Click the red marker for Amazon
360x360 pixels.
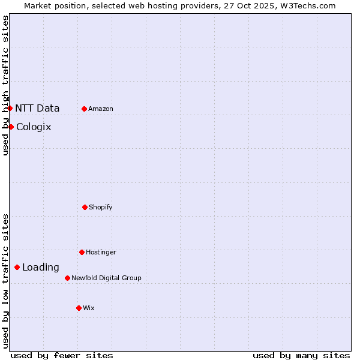[x=84, y=109]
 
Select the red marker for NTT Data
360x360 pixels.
[x=10, y=108]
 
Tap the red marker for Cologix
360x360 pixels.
[x=11, y=127]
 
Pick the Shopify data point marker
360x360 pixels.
[x=85, y=207]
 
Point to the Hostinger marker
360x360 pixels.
[x=82, y=252]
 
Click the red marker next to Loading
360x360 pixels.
[x=17, y=267]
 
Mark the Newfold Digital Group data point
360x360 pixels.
[x=67, y=278]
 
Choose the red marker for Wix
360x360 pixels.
[x=79, y=308]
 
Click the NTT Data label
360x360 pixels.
[x=37, y=108]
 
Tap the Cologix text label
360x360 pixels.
[x=34, y=127]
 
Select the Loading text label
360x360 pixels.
[x=41, y=267]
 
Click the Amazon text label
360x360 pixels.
[x=101, y=109]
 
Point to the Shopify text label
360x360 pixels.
[x=101, y=207]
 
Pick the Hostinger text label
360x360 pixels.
[x=101, y=252]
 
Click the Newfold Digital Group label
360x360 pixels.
[x=106, y=278]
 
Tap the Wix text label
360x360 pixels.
[x=89, y=308]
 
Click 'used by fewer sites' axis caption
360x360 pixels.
[x=62, y=355]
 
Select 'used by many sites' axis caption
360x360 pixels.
[x=301, y=355]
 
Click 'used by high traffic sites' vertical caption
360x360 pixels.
[x=5, y=85]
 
